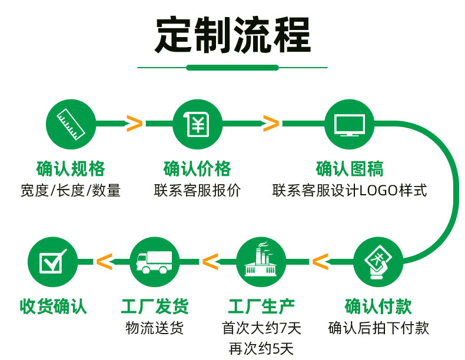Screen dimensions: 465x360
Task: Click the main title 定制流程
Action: point(232,35)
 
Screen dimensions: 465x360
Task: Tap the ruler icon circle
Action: point(71,124)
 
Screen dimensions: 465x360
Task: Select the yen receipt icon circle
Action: point(198,124)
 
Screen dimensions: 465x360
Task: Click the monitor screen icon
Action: point(350,125)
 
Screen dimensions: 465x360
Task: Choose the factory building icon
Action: point(261,259)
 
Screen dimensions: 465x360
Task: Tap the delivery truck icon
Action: point(154,262)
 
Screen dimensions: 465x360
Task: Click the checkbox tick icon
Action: point(52,261)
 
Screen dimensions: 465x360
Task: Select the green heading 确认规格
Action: point(71,169)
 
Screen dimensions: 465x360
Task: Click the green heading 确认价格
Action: point(197,169)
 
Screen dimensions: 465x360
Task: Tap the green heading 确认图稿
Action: point(350,169)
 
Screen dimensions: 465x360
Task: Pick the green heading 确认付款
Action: point(378,306)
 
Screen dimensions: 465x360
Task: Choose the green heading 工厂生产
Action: point(261,306)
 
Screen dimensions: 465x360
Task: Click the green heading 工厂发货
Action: point(155,306)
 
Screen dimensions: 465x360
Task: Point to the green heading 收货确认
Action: point(54,306)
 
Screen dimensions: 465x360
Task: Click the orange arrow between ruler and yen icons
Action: point(134,124)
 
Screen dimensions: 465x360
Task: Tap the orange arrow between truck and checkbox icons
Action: point(104,262)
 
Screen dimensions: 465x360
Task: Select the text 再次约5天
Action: point(261,349)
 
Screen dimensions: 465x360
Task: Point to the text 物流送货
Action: point(154,328)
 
